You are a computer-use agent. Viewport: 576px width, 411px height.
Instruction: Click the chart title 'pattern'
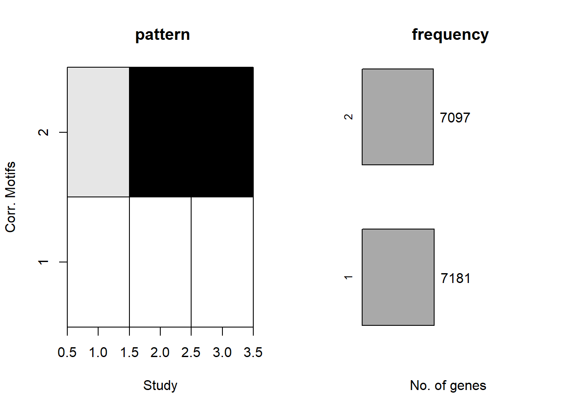[x=162, y=35]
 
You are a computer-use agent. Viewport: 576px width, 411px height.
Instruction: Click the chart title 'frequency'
[x=450, y=35]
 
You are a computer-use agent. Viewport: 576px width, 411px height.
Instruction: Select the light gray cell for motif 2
[x=98, y=132]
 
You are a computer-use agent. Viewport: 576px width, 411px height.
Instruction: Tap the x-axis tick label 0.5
[x=67, y=352]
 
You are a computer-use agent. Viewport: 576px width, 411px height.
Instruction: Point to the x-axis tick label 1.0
[x=98, y=352]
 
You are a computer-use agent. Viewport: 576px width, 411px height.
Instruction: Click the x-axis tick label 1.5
[x=129, y=352]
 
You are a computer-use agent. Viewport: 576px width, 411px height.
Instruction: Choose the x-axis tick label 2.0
[x=160, y=352]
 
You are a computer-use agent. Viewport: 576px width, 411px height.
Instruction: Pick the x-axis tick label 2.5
[x=191, y=352]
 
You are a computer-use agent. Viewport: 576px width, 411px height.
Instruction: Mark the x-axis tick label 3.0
[x=222, y=352]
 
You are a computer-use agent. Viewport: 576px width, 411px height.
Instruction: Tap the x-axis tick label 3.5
[x=253, y=352]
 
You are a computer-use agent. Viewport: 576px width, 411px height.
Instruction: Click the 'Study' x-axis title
[x=160, y=386]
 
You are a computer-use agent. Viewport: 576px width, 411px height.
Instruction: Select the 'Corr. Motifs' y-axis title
[x=11, y=197]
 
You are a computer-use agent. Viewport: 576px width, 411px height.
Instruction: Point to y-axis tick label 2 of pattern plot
[x=43, y=132]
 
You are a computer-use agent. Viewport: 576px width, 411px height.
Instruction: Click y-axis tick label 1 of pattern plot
[x=43, y=262]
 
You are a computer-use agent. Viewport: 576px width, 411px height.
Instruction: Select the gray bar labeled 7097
[x=398, y=116]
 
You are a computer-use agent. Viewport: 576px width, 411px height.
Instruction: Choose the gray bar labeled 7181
[x=398, y=277]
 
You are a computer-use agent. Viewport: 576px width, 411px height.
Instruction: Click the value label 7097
[x=455, y=118]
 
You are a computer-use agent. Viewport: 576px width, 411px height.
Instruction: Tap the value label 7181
[x=456, y=278]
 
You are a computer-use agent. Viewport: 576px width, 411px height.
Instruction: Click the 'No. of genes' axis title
[x=448, y=386]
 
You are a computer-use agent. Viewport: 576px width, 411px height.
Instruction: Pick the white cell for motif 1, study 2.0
[x=160, y=262]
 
